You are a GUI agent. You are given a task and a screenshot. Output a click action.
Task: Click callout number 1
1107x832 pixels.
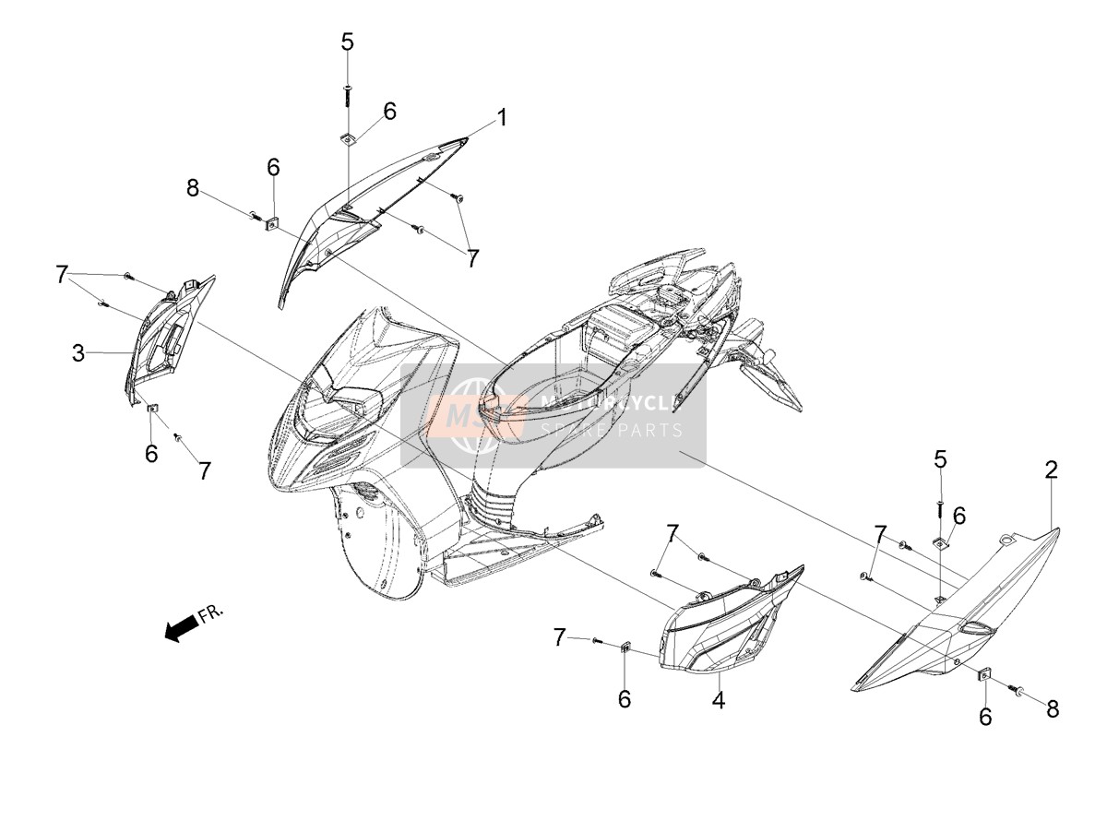pos(501,118)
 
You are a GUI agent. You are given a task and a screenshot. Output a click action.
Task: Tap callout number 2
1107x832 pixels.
pos(1052,469)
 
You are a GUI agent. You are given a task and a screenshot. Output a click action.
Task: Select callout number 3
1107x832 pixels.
pos(78,353)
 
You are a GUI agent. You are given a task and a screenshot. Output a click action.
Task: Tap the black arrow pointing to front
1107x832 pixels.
pos(182,628)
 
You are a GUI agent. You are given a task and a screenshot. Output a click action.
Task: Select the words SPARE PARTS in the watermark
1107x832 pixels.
pos(612,430)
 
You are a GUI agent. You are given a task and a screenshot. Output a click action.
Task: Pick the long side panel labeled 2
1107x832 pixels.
pos(953,612)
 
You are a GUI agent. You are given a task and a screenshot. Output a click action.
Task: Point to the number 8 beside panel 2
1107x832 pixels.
pos(1052,709)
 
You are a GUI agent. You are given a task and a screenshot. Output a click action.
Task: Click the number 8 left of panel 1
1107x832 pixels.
pos(192,188)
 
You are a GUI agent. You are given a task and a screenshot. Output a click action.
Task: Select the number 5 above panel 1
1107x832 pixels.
pos(348,42)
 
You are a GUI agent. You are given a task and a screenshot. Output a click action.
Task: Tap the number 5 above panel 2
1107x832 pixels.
pos(941,459)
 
